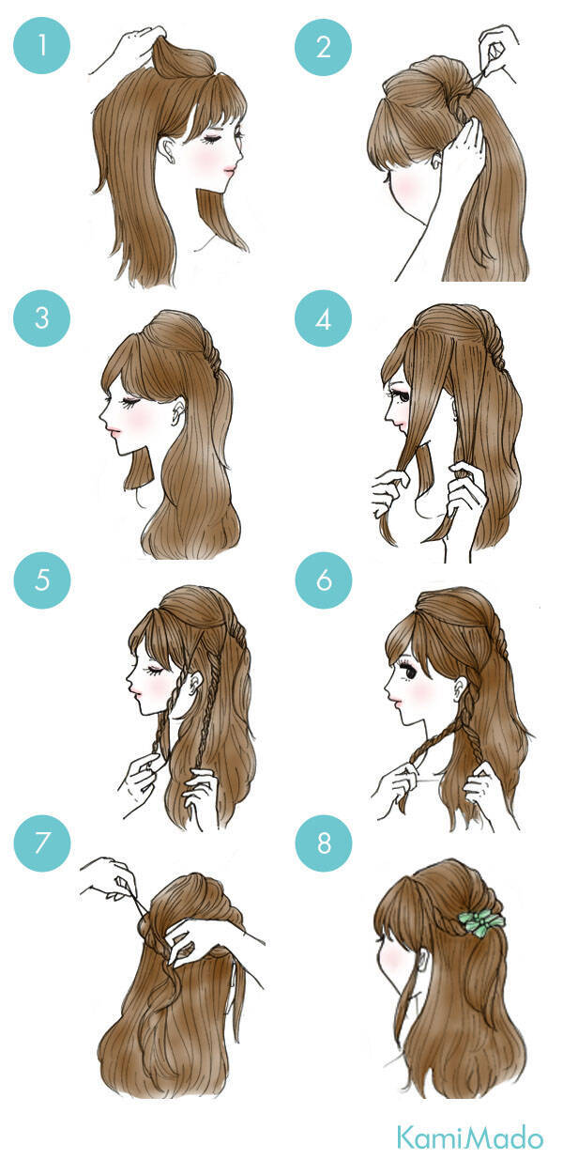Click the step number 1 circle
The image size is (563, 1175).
(x=41, y=45)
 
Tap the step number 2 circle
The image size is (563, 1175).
(x=323, y=47)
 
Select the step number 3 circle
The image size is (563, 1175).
(x=41, y=317)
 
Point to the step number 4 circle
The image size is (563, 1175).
(x=323, y=317)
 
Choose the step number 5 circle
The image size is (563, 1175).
(x=42, y=580)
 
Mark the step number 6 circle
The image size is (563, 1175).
(x=324, y=580)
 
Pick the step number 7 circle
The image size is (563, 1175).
(x=42, y=843)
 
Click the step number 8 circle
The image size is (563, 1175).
(x=324, y=843)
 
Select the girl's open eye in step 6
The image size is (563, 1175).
(x=408, y=672)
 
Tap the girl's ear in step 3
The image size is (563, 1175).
(x=179, y=411)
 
